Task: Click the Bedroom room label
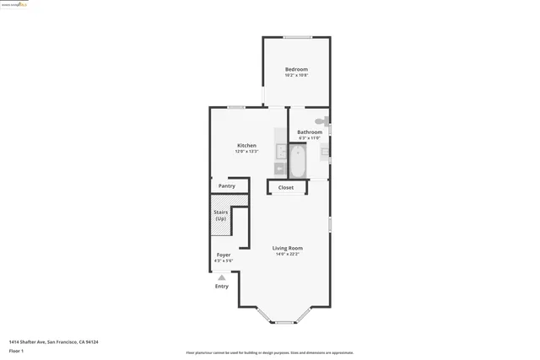pos(296,69)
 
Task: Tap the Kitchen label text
pos(246,145)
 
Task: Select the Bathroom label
pos(310,132)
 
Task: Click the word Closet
pos(286,187)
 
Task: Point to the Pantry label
pos(227,185)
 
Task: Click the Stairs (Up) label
pos(221,216)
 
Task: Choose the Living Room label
pos(287,248)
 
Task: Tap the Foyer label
pos(224,254)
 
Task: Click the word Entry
pos(222,286)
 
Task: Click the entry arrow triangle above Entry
pos(222,277)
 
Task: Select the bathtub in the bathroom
pos(297,159)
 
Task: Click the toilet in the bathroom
pos(321,121)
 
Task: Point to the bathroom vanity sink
pos(325,152)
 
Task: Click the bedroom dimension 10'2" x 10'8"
pos(296,76)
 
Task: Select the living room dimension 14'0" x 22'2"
pos(287,255)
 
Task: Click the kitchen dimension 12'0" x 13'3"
pos(246,151)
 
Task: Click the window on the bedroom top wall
pos(296,36)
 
